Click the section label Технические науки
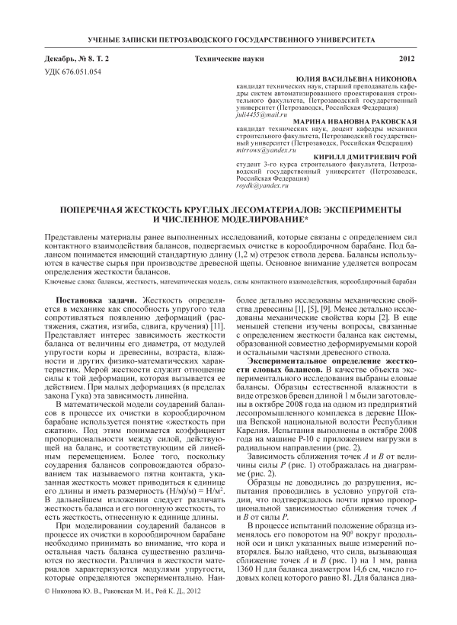click(x=228, y=58)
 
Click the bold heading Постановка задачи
click(x=95, y=297)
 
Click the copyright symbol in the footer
click(x=49, y=611)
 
